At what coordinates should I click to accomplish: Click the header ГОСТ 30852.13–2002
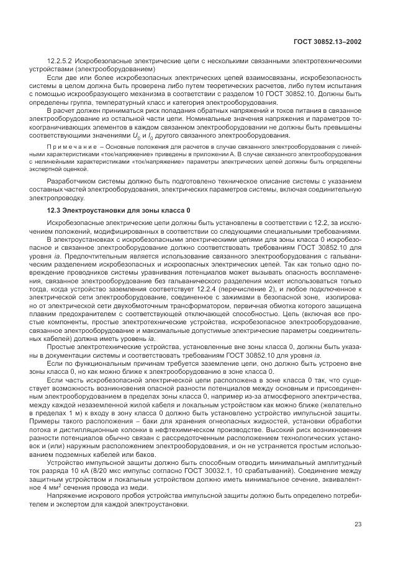point(328,42)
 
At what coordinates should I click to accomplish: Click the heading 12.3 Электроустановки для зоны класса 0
point(119,210)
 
